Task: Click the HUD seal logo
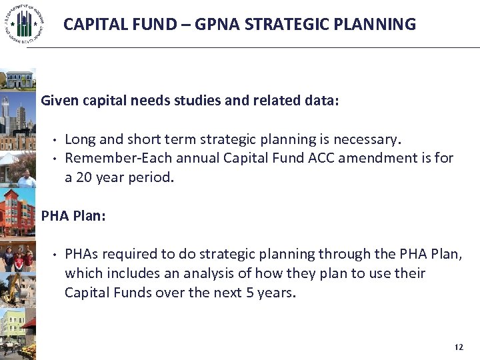pos(24,25)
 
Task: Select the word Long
pos(80,139)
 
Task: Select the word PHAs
pos(82,254)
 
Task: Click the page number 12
pos(457,347)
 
